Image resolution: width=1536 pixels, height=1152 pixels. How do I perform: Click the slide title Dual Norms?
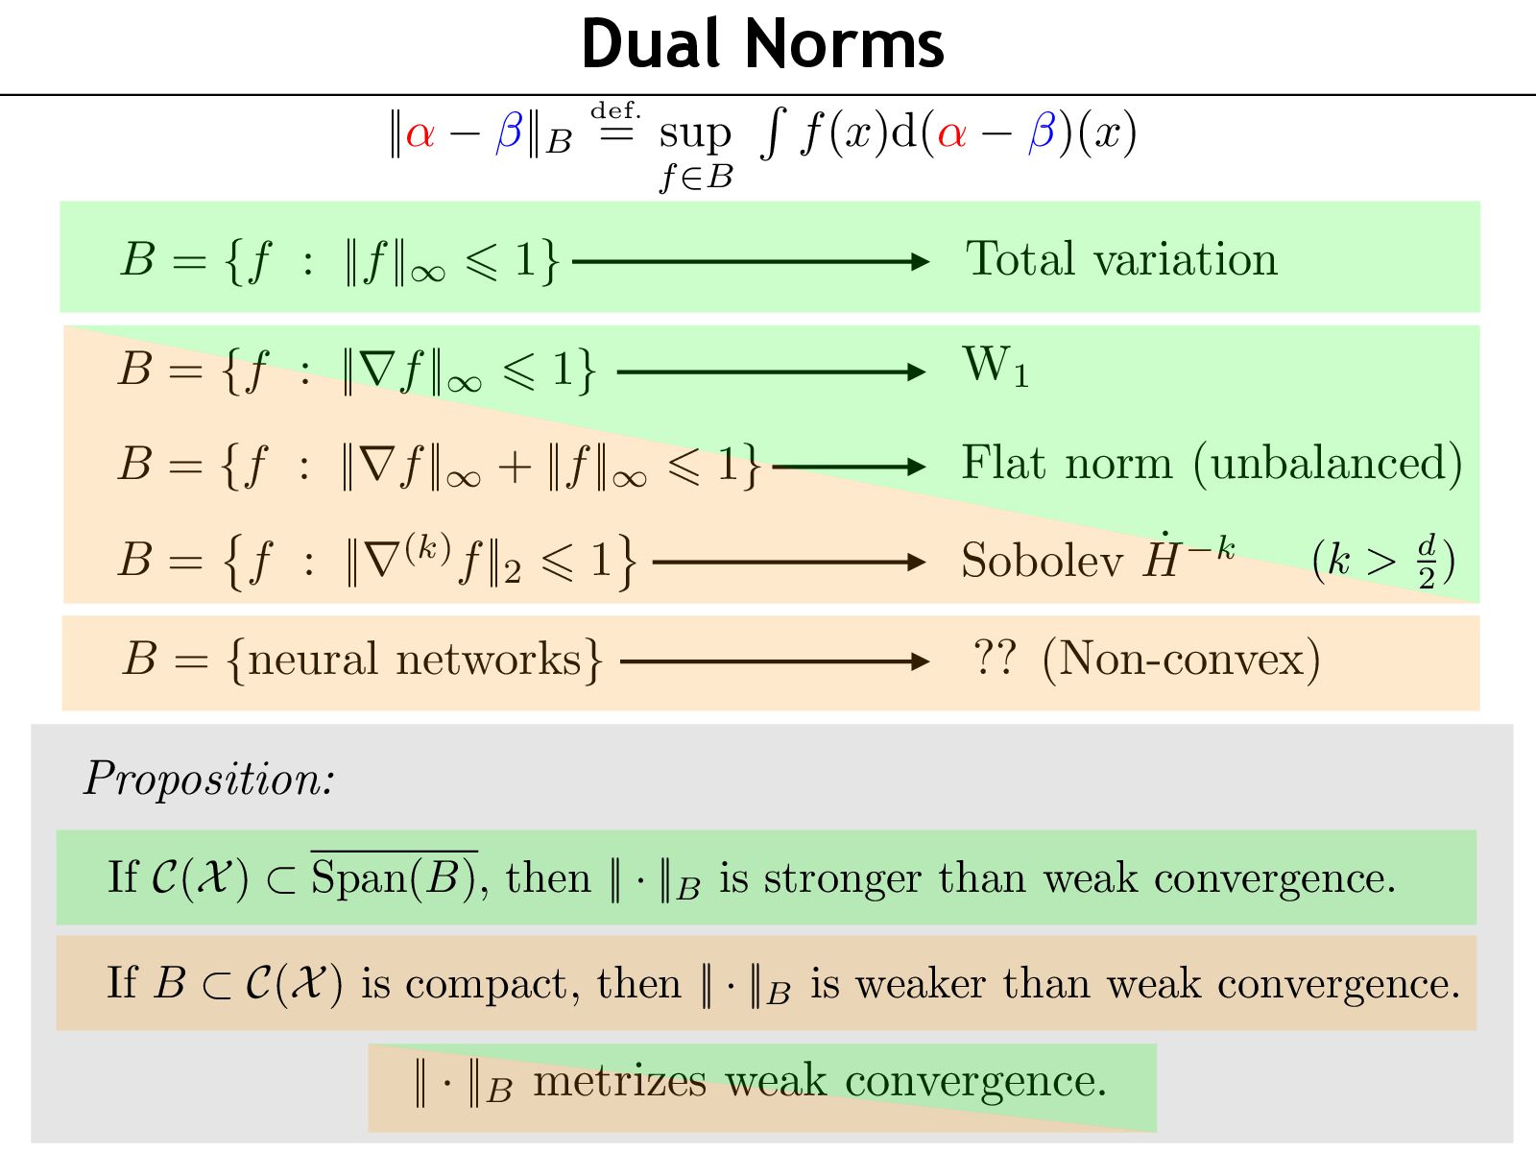pos(762,44)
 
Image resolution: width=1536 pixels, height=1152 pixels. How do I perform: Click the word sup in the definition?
pos(695,134)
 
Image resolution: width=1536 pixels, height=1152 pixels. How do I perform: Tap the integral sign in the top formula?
pos(771,133)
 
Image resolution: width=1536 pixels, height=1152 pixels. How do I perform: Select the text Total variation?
pos(1121,259)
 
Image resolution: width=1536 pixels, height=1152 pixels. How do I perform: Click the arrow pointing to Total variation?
pos(750,261)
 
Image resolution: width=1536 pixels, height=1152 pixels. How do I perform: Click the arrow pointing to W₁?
pos(771,372)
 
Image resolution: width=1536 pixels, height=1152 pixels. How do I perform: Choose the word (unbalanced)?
pos(1328,464)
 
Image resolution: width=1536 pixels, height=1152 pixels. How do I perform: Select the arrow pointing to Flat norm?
pos(849,468)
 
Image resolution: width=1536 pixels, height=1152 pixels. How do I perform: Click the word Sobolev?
pos(1042,561)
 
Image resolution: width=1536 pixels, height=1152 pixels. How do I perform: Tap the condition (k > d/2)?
pos(1383,560)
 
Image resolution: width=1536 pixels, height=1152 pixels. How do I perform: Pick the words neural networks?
pos(415,660)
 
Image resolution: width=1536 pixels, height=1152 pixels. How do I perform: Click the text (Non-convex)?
pos(1181,660)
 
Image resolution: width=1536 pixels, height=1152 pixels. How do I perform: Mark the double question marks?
pos(995,659)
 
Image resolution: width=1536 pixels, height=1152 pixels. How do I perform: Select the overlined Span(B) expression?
pos(394,877)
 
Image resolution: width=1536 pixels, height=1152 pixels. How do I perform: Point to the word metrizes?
pos(620,1082)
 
